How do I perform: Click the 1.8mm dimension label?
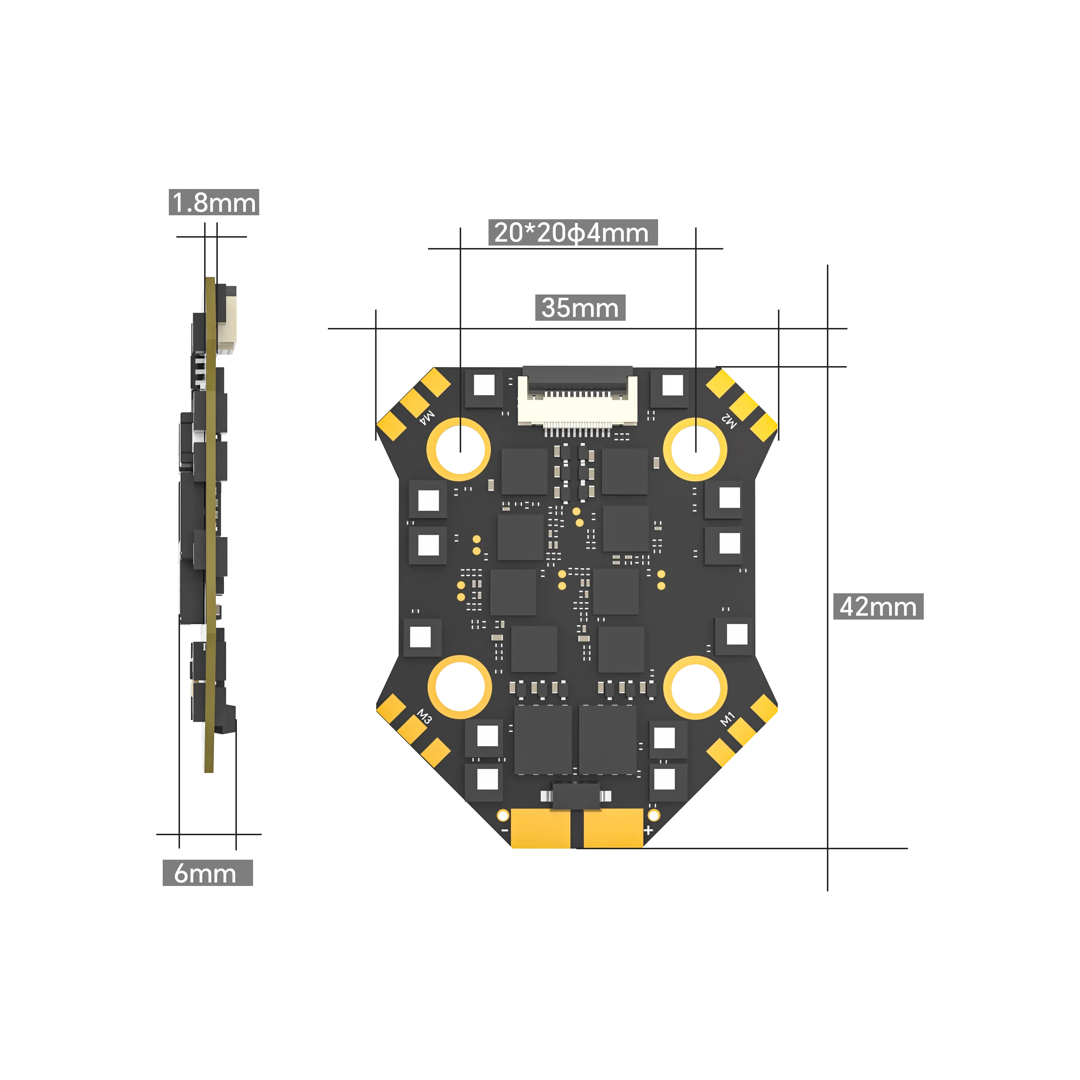pos(213,202)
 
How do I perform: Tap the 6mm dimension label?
pos(207,873)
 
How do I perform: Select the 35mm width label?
pos(580,308)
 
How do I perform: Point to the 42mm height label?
pos(878,607)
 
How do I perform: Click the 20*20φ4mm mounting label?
pos(572,233)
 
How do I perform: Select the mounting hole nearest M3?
pos(459,687)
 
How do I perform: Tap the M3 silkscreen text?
pos(425,717)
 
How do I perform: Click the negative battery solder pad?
pos(541,828)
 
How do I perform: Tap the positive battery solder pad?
pos(613,828)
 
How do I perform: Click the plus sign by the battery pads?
pos(648,830)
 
